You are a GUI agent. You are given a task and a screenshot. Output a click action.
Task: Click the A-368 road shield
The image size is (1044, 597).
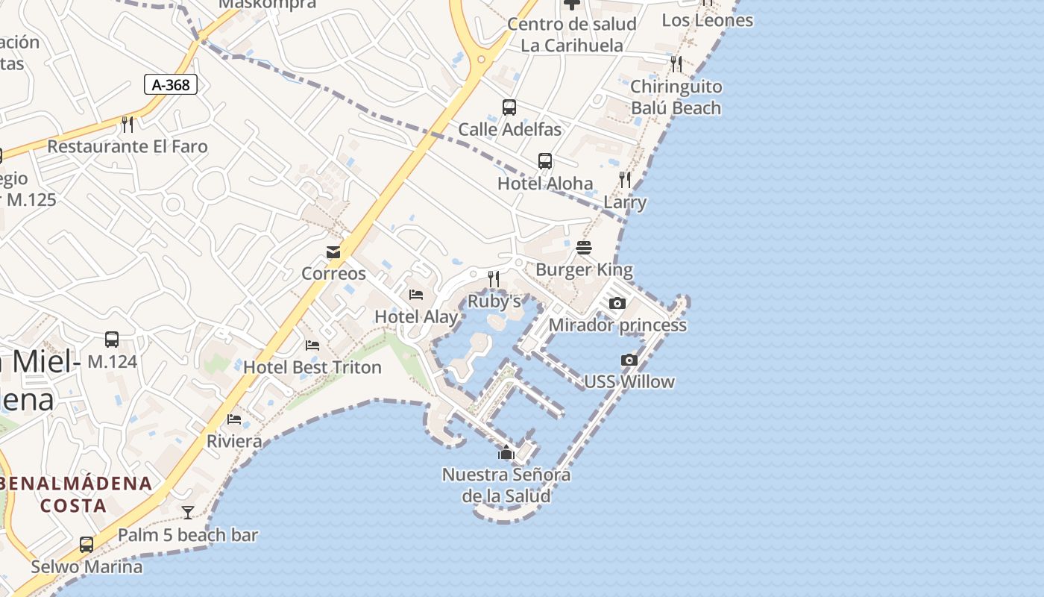pyautogui.click(x=171, y=85)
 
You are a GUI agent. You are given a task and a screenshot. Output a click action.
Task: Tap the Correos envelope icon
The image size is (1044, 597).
pyautogui.click(x=333, y=252)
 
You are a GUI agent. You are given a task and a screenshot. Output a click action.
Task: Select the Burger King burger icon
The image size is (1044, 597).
pyautogui.click(x=584, y=248)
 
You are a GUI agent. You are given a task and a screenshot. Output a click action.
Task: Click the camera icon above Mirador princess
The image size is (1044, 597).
pyautogui.click(x=617, y=303)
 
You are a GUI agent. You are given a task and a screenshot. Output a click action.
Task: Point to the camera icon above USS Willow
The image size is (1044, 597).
pyautogui.click(x=629, y=360)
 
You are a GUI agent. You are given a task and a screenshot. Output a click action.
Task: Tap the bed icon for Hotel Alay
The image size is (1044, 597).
pyautogui.click(x=416, y=295)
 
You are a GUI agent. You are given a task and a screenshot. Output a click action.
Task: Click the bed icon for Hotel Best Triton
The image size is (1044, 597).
pyautogui.click(x=312, y=346)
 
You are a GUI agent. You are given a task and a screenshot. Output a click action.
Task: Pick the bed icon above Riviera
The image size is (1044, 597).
pyautogui.click(x=234, y=419)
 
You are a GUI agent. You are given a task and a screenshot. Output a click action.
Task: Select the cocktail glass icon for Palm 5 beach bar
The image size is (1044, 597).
pyautogui.click(x=188, y=512)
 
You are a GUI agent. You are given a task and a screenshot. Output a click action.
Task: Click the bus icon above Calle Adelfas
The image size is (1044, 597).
pyautogui.click(x=509, y=107)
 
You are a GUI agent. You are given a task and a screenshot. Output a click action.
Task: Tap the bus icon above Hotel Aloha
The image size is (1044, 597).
pyautogui.click(x=545, y=161)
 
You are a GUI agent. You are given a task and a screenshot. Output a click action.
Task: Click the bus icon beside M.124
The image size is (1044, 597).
pyautogui.click(x=112, y=340)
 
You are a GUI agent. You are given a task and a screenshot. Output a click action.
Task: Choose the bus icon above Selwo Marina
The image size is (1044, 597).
pyautogui.click(x=87, y=545)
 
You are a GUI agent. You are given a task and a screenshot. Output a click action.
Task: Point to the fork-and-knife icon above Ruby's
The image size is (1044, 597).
pyautogui.click(x=494, y=279)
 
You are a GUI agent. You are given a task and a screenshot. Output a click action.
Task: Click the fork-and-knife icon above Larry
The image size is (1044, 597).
pyautogui.click(x=625, y=180)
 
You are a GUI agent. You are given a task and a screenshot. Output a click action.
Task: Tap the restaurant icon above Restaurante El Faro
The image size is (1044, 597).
pyautogui.click(x=128, y=124)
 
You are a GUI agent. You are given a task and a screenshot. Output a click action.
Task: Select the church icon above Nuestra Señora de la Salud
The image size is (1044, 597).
pyautogui.click(x=506, y=452)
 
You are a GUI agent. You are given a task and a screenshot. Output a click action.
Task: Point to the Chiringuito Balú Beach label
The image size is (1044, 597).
pyautogui.click(x=676, y=97)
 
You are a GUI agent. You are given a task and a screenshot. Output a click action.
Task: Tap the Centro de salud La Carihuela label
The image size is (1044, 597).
pyautogui.click(x=572, y=34)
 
